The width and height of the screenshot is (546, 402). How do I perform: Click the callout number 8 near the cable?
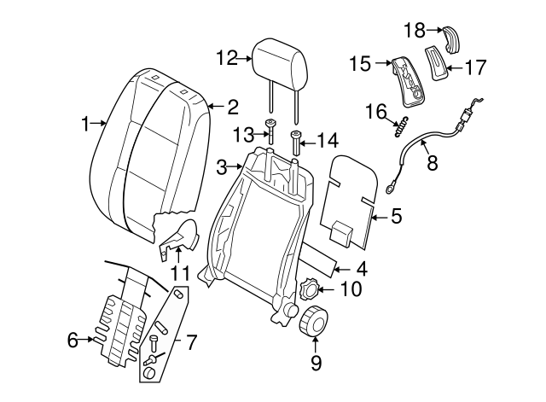click(432, 162)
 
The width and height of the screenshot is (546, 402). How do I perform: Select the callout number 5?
click(396, 217)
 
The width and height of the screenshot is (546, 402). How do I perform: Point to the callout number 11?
click(178, 274)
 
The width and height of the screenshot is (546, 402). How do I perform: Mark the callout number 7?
click(191, 343)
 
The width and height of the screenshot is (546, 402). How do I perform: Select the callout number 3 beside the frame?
click(221, 166)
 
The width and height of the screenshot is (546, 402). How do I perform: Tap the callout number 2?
click(231, 107)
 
